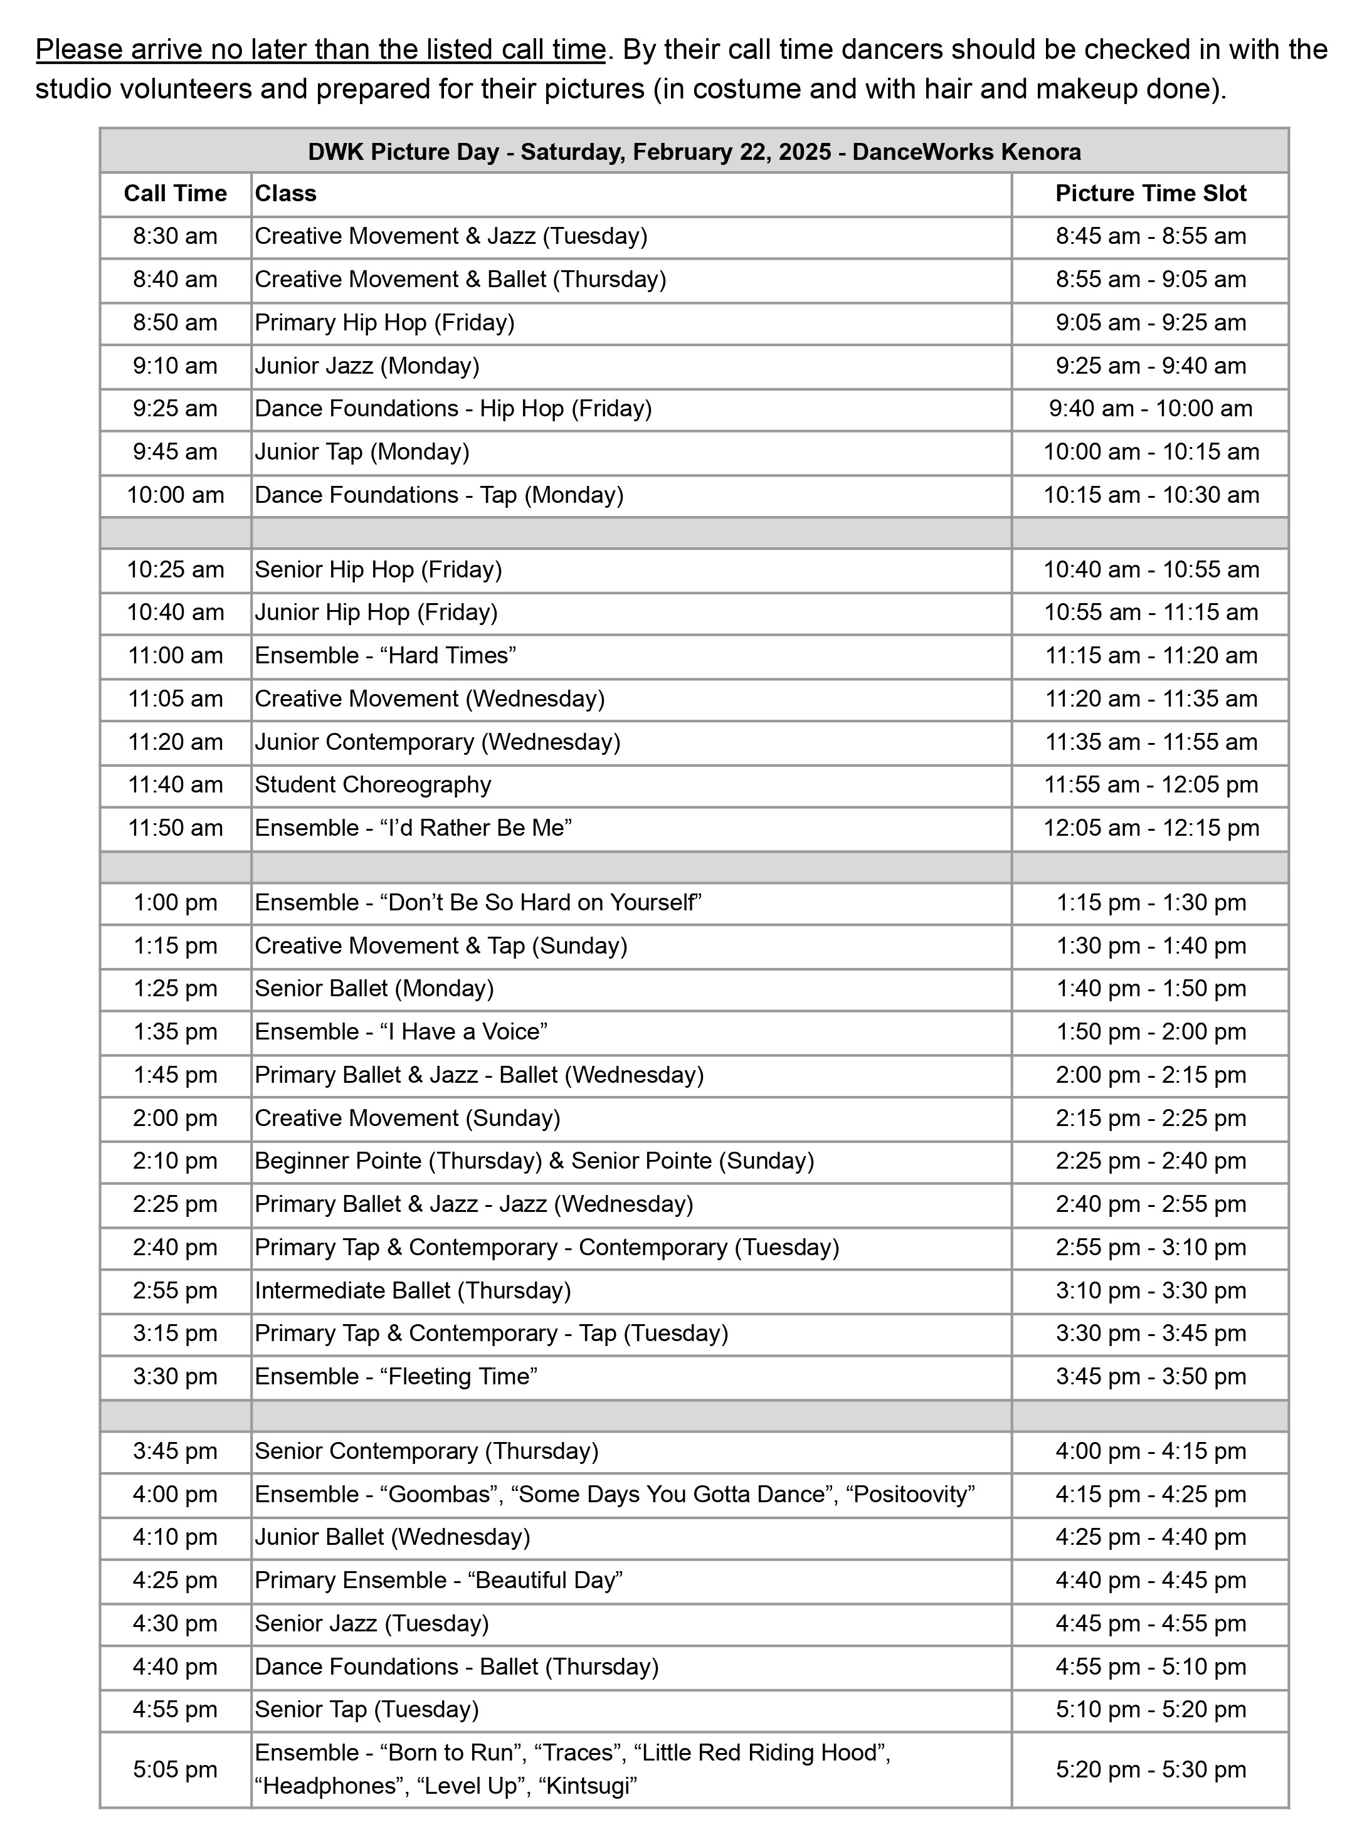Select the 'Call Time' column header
coord(175,194)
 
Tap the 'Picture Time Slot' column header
coord(1150,194)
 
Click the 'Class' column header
coord(285,194)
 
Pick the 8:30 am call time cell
coord(175,236)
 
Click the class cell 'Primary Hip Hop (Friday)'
coord(384,322)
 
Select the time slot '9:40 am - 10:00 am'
coord(1150,409)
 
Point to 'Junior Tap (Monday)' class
coord(362,451)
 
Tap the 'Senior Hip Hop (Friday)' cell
coord(378,569)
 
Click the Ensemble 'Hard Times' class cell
coord(385,656)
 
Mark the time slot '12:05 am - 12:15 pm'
coord(1150,828)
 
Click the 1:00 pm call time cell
coord(175,902)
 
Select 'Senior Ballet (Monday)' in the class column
coord(374,988)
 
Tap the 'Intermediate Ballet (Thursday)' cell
coord(412,1290)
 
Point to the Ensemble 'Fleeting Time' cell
coord(396,1376)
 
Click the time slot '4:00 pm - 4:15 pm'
coord(1150,1451)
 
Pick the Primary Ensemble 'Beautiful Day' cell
coord(438,1580)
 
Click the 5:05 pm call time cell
coord(175,1769)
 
